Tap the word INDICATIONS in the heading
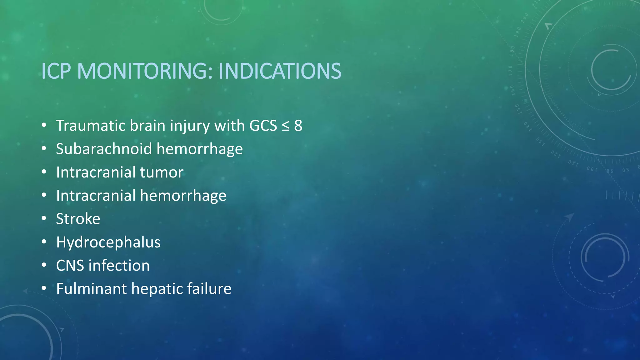280,71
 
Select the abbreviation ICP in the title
56,71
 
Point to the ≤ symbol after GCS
285,126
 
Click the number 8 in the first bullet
298,126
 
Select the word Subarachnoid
104,149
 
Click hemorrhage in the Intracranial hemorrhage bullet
183,196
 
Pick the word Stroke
78,219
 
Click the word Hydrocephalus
108,242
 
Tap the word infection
119,266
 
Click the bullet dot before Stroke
44,218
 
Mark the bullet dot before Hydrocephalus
44,242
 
